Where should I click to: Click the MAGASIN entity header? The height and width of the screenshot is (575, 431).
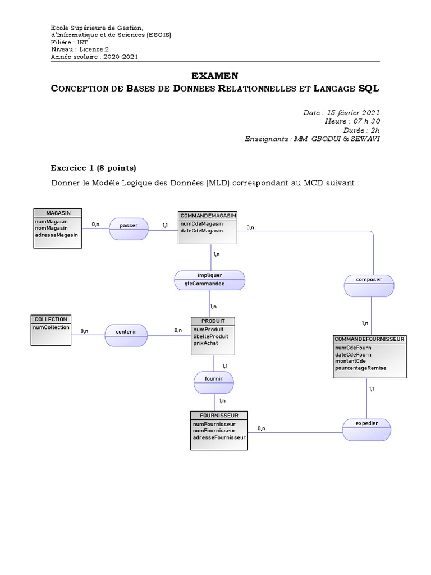[58, 212]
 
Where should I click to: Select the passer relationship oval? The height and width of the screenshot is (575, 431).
[129, 225]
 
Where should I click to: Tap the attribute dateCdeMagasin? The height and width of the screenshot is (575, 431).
[201, 230]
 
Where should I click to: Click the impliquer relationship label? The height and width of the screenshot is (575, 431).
[210, 275]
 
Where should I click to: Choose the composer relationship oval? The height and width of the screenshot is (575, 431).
[369, 279]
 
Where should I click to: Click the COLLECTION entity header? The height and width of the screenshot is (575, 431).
[51, 319]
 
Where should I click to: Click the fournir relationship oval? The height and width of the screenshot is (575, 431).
[214, 379]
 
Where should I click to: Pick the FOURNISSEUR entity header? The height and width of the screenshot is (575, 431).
[219, 415]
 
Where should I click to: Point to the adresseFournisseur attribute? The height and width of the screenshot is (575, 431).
[219, 437]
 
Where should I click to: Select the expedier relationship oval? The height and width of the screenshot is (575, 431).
[367, 422]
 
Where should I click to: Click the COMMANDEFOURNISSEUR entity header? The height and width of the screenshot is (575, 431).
[369, 339]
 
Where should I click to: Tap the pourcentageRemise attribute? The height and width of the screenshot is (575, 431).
[360, 368]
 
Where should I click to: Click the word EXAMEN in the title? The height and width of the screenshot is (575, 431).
[215, 76]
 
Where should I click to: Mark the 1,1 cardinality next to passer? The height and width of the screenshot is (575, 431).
[166, 225]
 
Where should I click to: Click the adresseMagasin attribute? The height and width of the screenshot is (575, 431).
[57, 235]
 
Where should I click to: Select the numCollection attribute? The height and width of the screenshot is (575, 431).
[52, 327]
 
